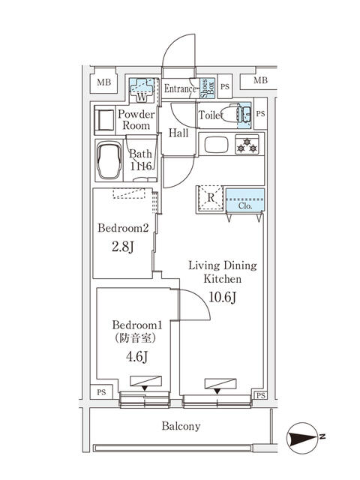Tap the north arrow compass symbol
[303, 435]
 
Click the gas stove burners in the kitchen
[247, 145]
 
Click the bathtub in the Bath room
[110, 160]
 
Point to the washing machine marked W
[141, 91]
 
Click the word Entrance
[180, 89]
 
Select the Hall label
[178, 133]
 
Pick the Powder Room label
[136, 120]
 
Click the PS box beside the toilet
[260, 114]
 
